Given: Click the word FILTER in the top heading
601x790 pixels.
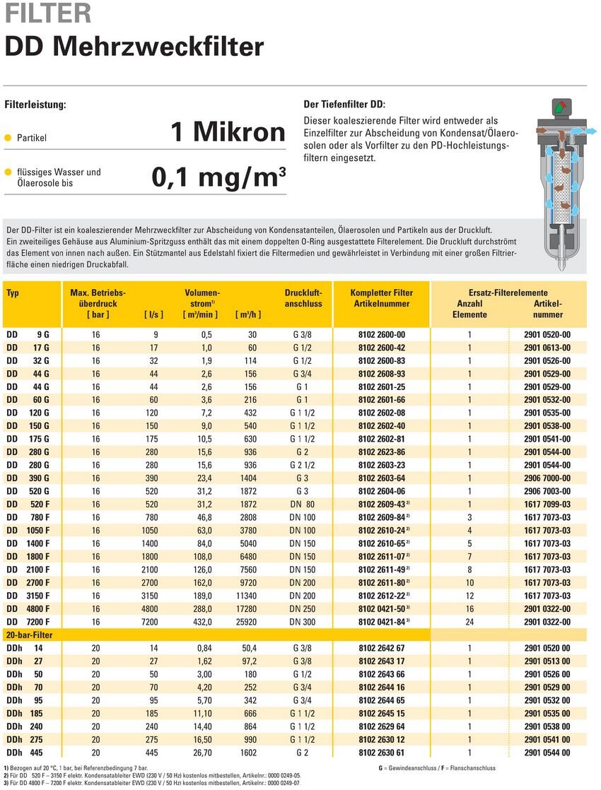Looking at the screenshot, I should pyautogui.click(x=48, y=13).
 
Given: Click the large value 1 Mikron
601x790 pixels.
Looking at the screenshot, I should pyautogui.click(x=228, y=131).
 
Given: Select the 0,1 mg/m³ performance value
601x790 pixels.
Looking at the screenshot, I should pyautogui.click(x=219, y=177).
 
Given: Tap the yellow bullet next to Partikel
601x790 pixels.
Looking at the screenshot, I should pyautogui.click(x=8, y=138).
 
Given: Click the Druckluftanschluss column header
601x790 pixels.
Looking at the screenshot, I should pyautogui.click(x=303, y=298).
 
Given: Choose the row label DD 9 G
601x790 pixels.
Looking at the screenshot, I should pyautogui.click(x=28, y=334).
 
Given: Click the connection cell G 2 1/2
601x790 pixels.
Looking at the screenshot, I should pyautogui.click(x=303, y=465).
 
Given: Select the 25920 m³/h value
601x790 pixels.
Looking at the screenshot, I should pyautogui.click(x=246, y=622).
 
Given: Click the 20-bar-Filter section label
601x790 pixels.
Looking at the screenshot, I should pyautogui.click(x=29, y=635).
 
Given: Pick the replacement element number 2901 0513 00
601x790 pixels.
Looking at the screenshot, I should pyautogui.click(x=547, y=661).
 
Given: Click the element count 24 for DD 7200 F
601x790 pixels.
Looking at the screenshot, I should pyautogui.click(x=469, y=622).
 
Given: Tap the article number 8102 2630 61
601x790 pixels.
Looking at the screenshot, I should pyautogui.click(x=381, y=753).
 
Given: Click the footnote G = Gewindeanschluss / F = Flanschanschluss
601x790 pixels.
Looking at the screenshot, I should pyautogui.click(x=437, y=768).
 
